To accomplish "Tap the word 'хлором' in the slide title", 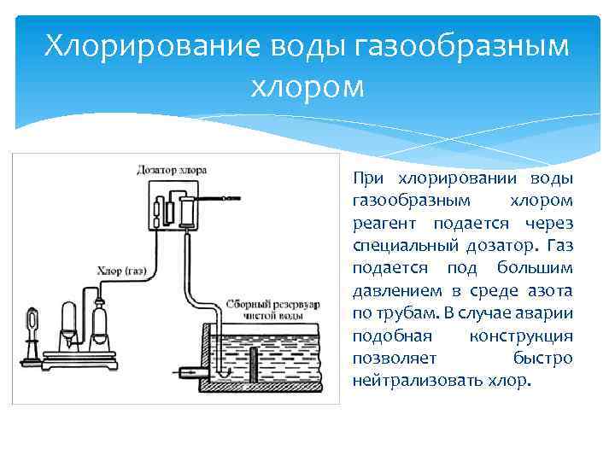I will (x=307, y=86).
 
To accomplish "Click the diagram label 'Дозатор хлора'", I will (x=172, y=170).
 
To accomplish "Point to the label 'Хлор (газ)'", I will (x=124, y=271).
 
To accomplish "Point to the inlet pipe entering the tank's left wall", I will (x=190, y=372).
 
